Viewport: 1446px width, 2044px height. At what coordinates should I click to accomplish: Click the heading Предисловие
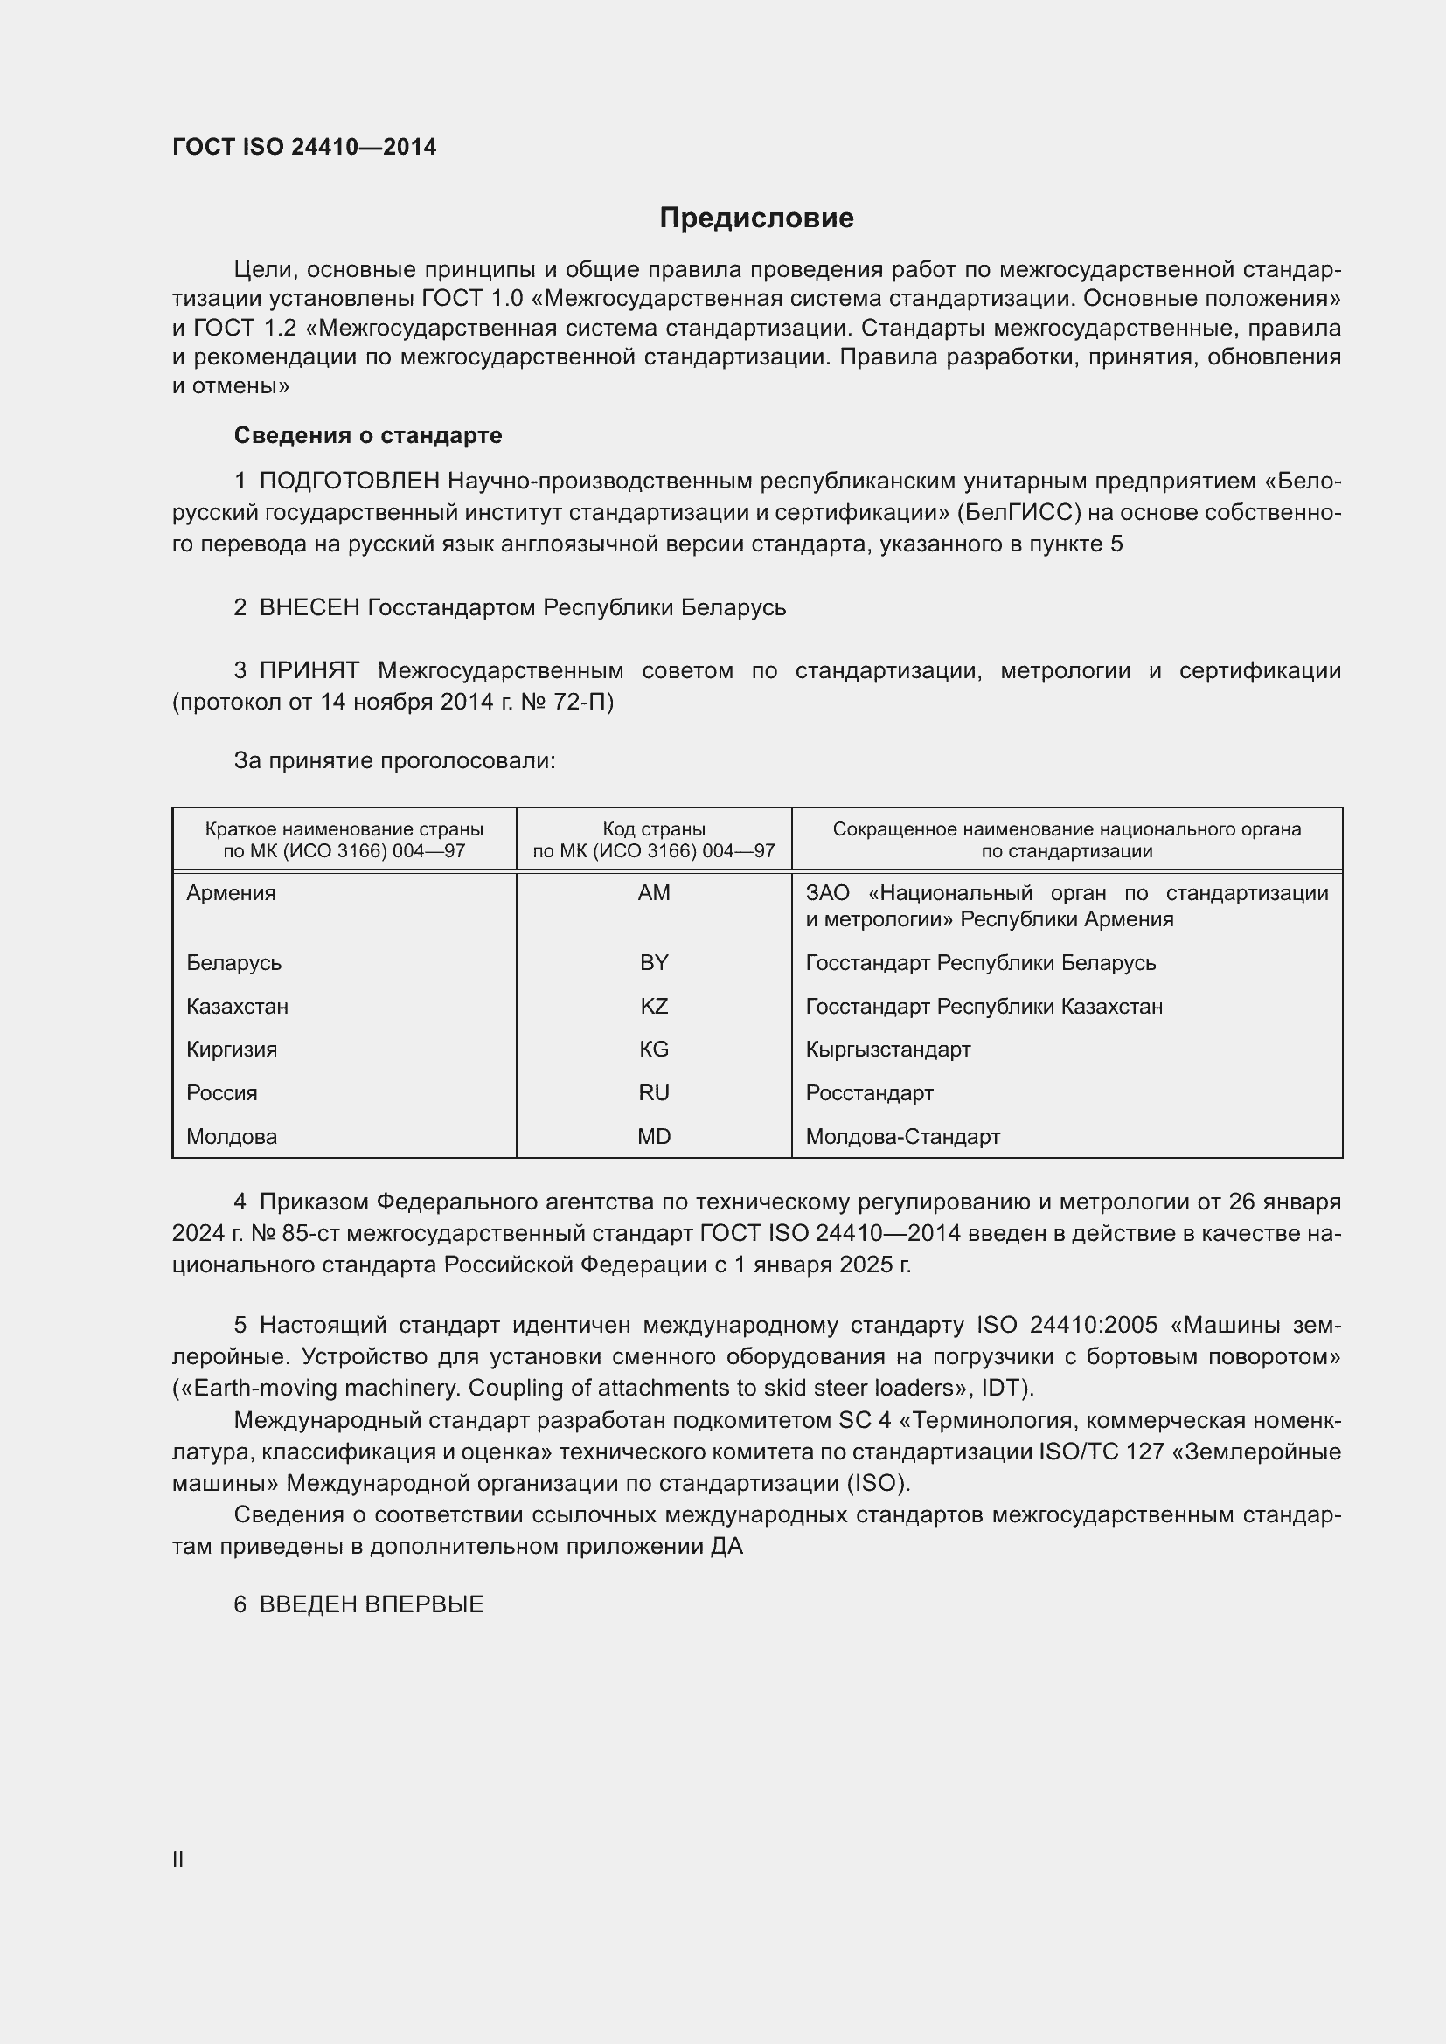(756, 218)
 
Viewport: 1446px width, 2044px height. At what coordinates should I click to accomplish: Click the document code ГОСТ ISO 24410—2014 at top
(304, 147)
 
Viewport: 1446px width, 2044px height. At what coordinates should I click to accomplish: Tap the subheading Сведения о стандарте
(368, 435)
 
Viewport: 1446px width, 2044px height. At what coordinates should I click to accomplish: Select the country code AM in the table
(654, 893)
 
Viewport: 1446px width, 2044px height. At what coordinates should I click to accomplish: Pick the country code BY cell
(654, 962)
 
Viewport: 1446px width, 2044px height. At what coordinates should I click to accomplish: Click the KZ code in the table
(654, 1006)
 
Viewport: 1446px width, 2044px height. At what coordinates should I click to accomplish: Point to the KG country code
(654, 1049)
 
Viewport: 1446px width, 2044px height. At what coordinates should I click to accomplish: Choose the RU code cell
(654, 1092)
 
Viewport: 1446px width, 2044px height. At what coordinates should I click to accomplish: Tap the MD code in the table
(654, 1136)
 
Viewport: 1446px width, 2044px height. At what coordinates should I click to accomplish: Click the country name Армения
(231, 893)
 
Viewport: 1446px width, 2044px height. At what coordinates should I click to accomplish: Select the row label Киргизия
(232, 1049)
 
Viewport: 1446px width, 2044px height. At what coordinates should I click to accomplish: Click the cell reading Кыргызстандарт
(887, 1049)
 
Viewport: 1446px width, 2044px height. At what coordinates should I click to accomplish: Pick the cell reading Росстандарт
(869, 1092)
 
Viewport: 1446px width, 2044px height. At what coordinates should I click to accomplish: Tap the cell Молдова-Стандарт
(903, 1136)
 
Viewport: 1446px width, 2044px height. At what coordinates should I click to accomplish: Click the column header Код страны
(654, 828)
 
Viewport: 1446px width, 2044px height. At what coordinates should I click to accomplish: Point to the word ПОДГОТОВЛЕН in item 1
(349, 482)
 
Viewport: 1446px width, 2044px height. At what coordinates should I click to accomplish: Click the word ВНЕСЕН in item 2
(309, 608)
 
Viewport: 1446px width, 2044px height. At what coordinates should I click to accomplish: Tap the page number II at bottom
(178, 1859)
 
